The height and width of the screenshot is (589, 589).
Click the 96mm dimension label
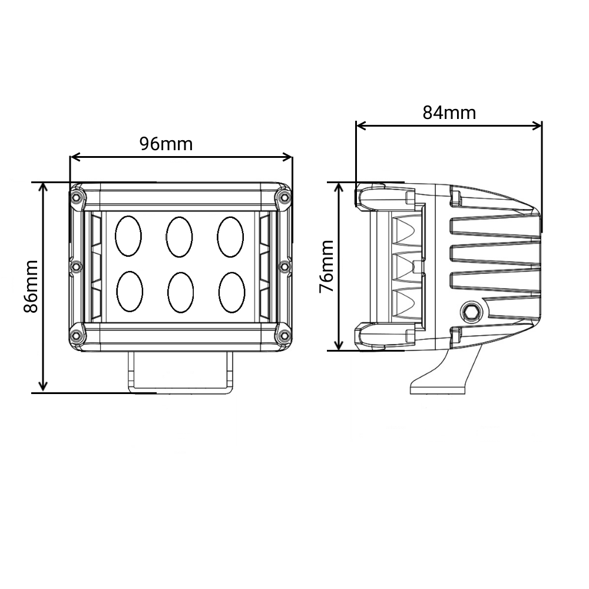pyautogui.click(x=166, y=143)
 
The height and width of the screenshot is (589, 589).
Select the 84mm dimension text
pyautogui.click(x=449, y=112)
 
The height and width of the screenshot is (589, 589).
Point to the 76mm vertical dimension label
pyautogui.click(x=325, y=266)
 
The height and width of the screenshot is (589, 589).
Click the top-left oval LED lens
pyautogui.click(x=128, y=236)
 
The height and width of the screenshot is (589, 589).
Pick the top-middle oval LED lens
pyautogui.click(x=179, y=236)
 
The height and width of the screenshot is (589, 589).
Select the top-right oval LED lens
pyautogui.click(x=230, y=236)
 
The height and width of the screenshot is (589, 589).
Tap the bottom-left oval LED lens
pyautogui.click(x=129, y=292)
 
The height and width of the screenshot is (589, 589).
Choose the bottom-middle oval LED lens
pyautogui.click(x=180, y=292)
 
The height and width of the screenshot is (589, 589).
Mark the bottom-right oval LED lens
pyautogui.click(x=231, y=292)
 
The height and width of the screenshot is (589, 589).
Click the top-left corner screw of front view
pyautogui.click(x=76, y=196)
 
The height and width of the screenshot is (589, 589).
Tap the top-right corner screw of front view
pyautogui.click(x=284, y=196)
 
